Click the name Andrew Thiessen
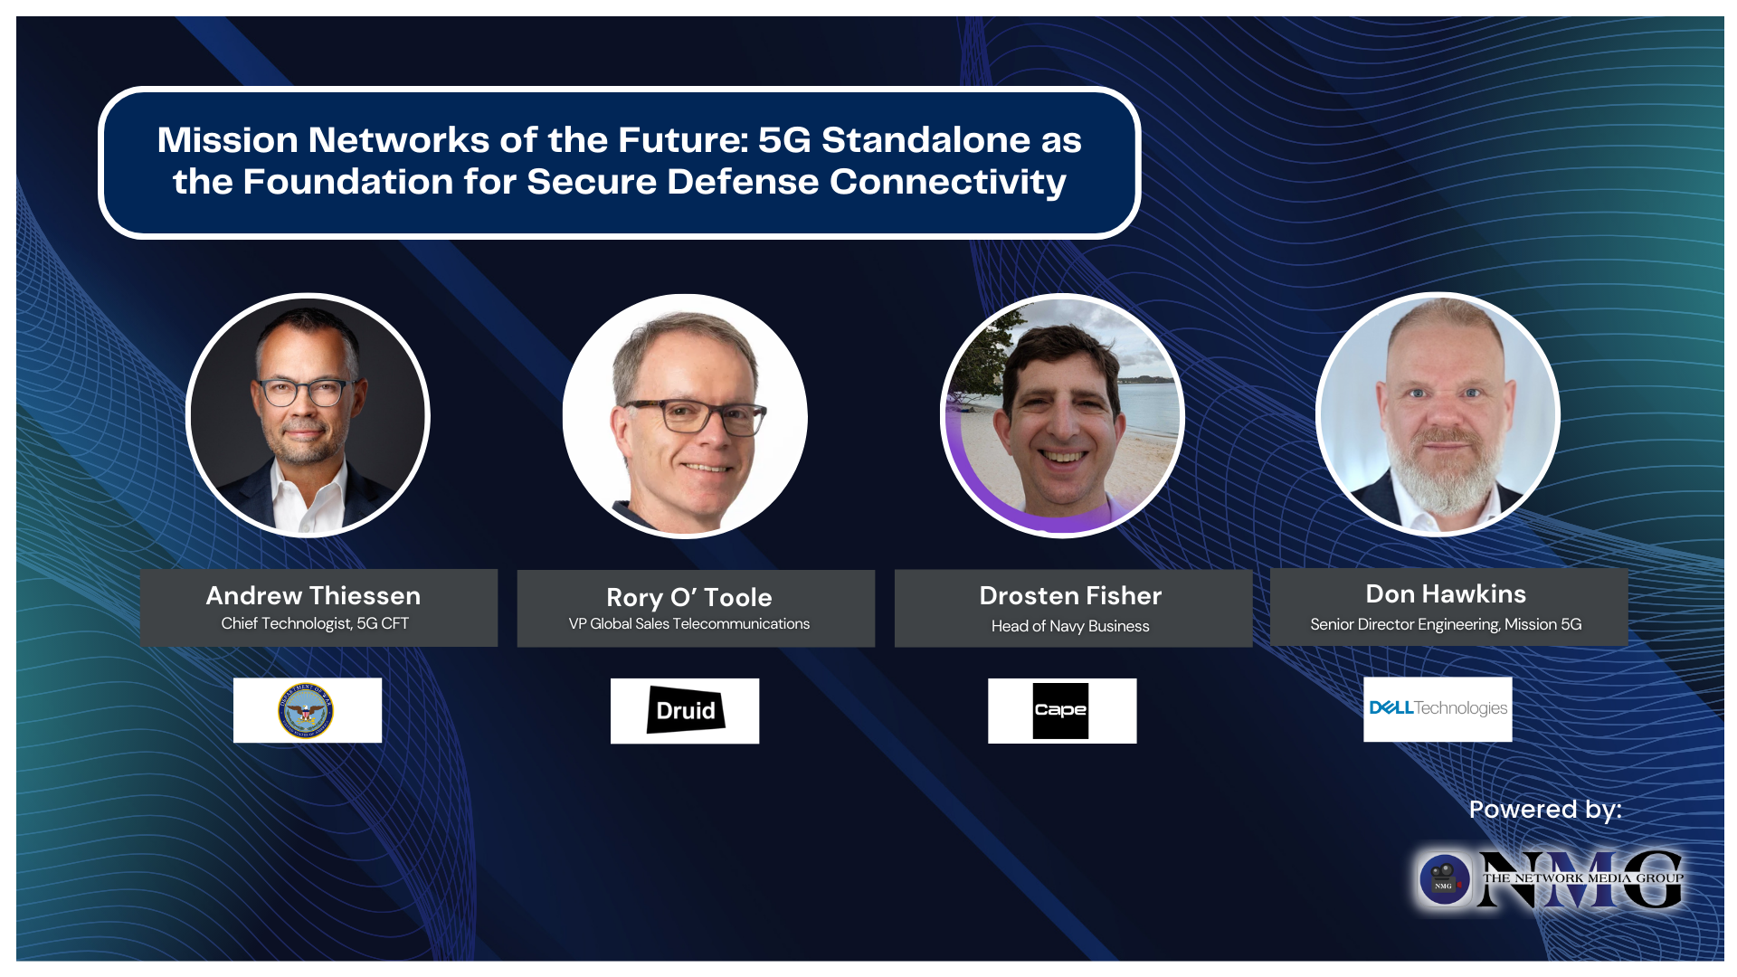click(x=313, y=595)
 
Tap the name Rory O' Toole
click(x=688, y=597)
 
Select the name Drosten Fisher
click(x=1070, y=595)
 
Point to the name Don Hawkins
click(x=1446, y=593)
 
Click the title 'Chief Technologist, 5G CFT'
click(x=315, y=623)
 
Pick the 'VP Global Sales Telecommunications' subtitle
click(x=688, y=623)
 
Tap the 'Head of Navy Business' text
click(x=1070, y=626)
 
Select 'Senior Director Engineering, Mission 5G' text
click(x=1446, y=624)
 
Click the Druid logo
click(x=685, y=710)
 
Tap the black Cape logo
click(x=1060, y=710)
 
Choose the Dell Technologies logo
click(x=1438, y=708)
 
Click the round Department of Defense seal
click(x=306, y=710)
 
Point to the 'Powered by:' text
click(x=1544, y=809)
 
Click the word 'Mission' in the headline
click(x=227, y=140)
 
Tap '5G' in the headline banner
click(x=784, y=140)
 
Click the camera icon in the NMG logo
click(x=1444, y=878)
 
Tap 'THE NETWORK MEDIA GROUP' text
click(x=1582, y=877)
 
